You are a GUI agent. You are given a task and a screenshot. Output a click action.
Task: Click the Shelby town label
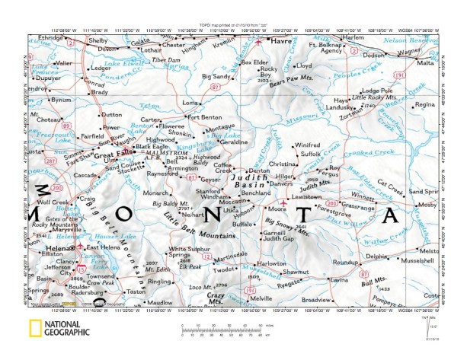(98, 40)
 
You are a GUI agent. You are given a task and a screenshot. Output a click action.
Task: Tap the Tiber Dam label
(165, 59)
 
